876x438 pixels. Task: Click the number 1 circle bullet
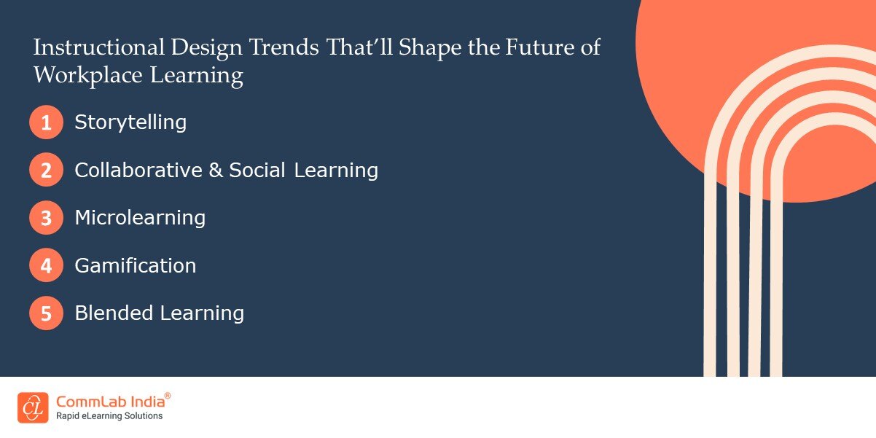(47, 122)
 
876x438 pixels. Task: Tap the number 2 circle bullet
(47, 171)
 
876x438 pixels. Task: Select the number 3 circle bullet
(47, 218)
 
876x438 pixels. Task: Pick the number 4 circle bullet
(47, 265)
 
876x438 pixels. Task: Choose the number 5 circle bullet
(47, 313)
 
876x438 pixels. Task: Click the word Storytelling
(130, 122)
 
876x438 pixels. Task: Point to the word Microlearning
(140, 218)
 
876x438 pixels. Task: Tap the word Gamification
(136, 265)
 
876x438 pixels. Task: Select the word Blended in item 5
(114, 313)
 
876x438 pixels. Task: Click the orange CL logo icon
(33, 407)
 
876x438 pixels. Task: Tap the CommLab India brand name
(109, 402)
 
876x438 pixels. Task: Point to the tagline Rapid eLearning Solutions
(109, 416)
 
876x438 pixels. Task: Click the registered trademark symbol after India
(168, 396)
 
